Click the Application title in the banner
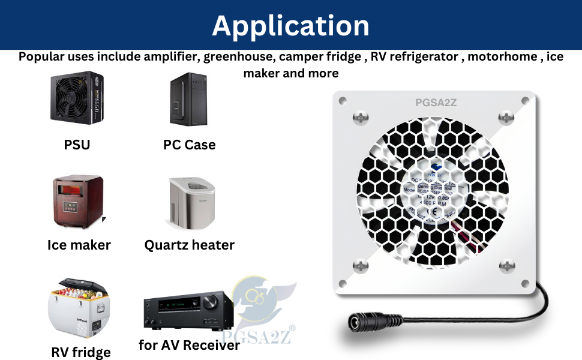tap(290, 25)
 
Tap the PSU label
tap(77, 145)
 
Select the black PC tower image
tap(188, 100)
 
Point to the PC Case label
tap(189, 145)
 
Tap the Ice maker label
tap(79, 245)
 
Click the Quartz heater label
tap(189, 245)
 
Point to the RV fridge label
tap(80, 352)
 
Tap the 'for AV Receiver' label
tap(189, 345)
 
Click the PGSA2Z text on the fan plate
tap(436, 103)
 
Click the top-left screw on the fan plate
tap(361, 118)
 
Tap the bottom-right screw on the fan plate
tap(507, 265)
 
